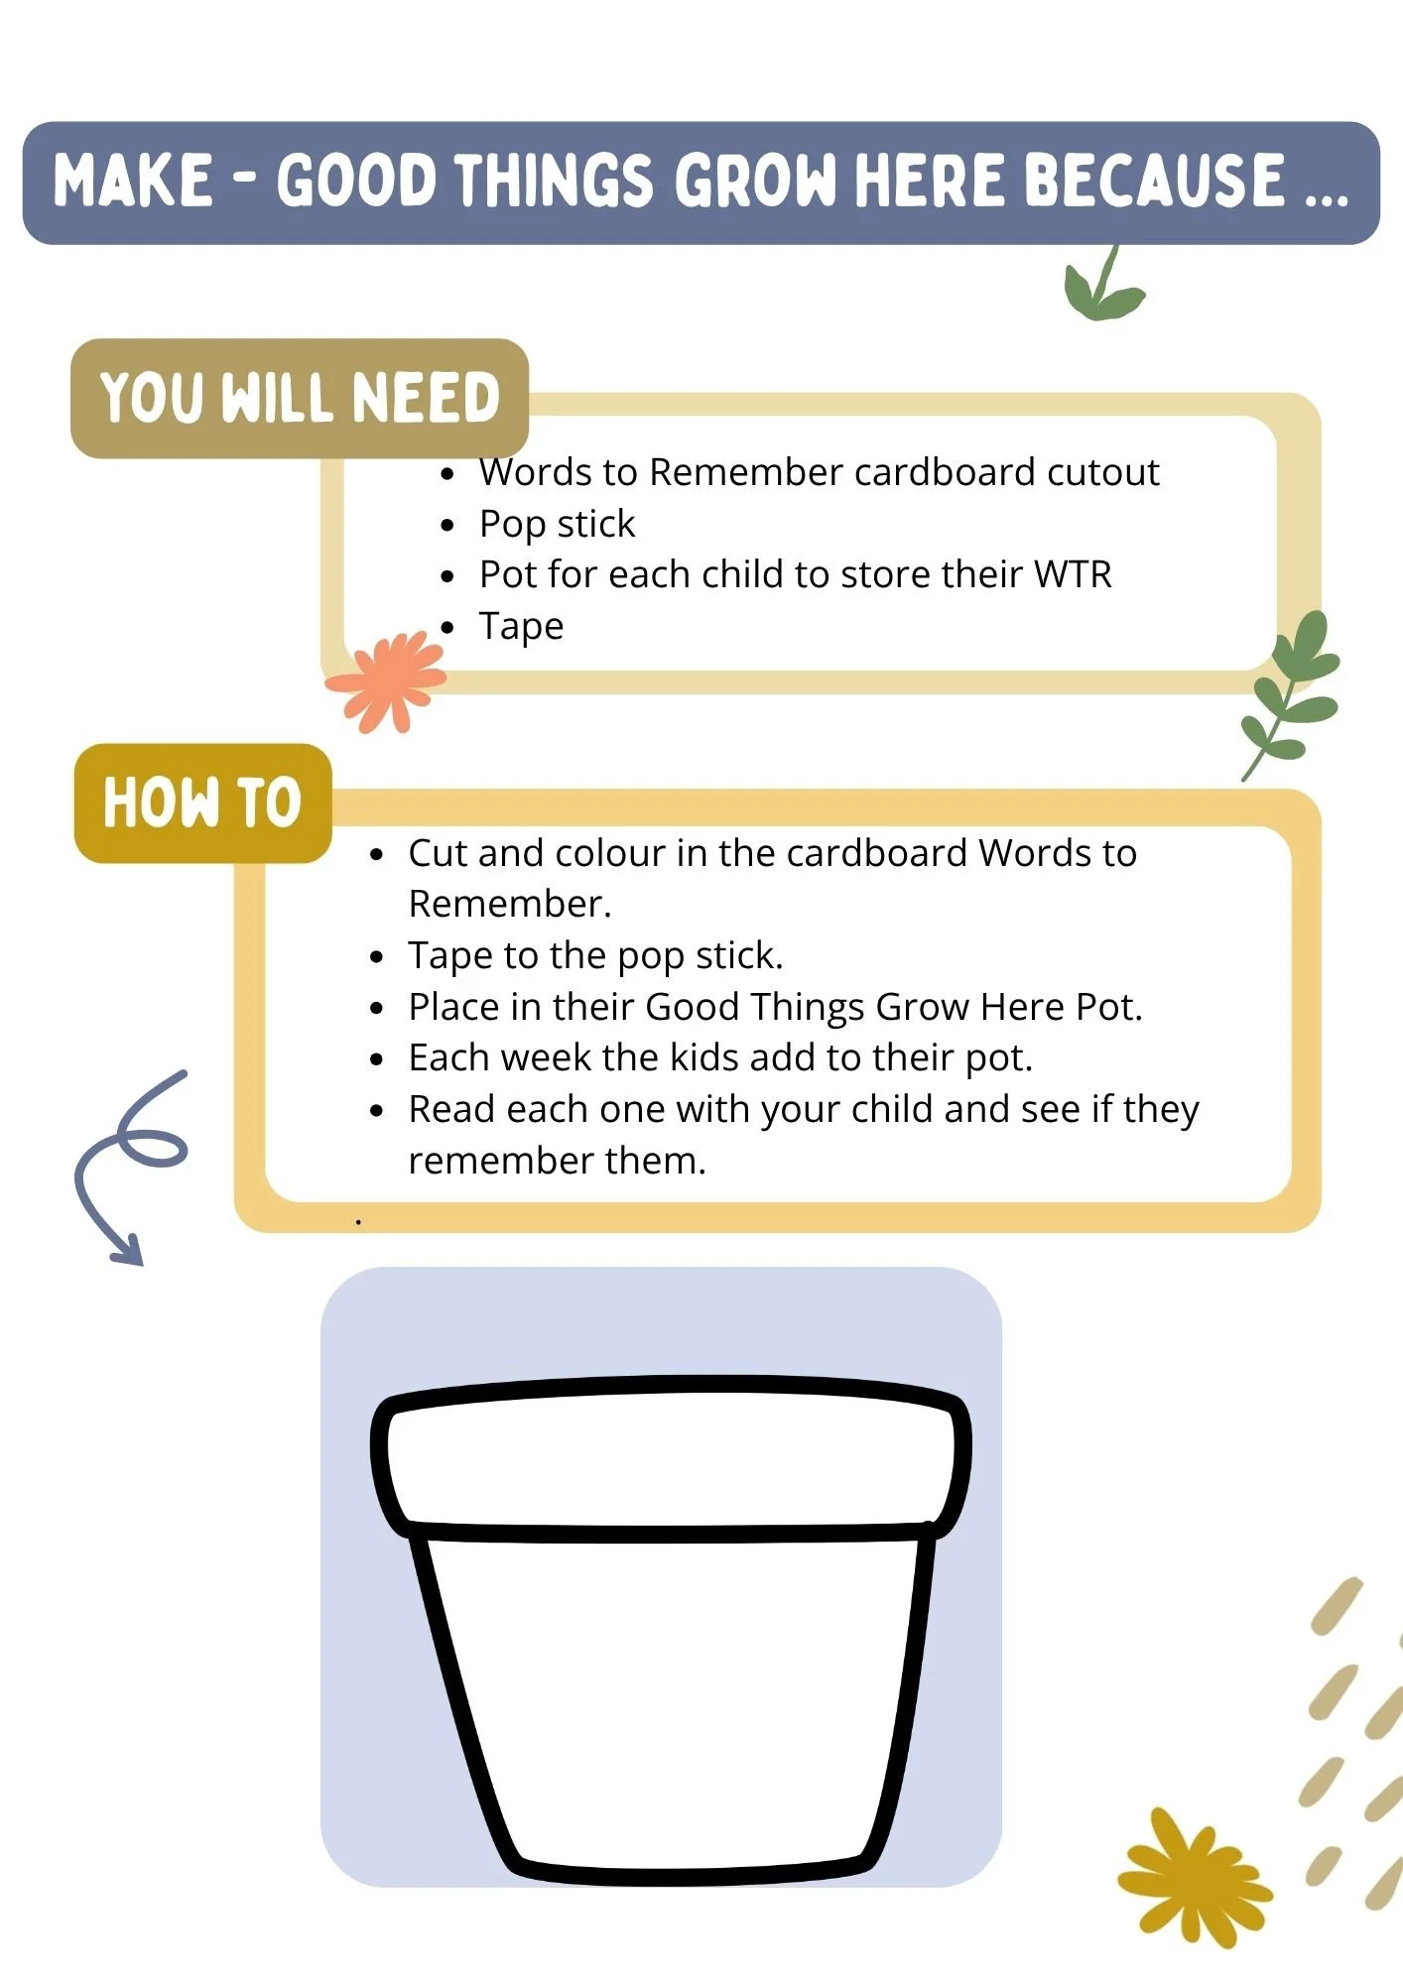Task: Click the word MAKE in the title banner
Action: (133, 181)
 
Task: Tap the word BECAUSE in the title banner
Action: (1153, 181)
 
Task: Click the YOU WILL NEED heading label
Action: (300, 398)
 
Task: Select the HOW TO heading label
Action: (202, 803)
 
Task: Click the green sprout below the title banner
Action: (1101, 285)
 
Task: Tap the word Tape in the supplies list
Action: (521, 627)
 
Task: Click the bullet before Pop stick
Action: (448, 525)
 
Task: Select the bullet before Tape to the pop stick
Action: (376, 956)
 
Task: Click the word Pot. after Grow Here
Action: (1109, 1007)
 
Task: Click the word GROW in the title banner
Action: (759, 181)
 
